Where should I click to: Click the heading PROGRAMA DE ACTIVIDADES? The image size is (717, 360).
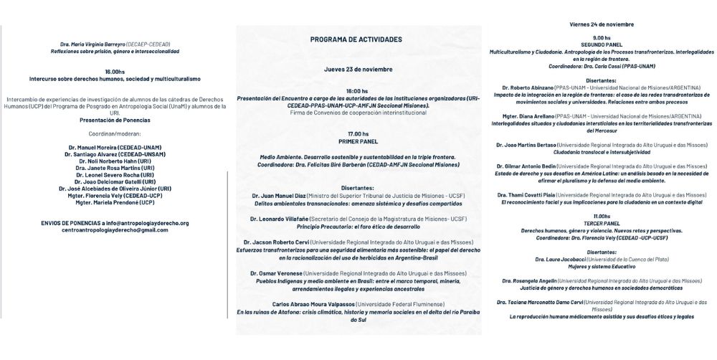[x=356, y=39]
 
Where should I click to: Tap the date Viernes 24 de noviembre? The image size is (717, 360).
[x=602, y=24]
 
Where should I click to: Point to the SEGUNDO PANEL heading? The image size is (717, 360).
[x=602, y=44]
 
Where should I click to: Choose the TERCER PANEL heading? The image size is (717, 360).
[x=602, y=222]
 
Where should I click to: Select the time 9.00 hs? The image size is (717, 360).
[x=602, y=37]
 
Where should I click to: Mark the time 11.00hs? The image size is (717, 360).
[x=602, y=215]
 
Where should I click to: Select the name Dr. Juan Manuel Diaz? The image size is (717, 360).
[x=281, y=195]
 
